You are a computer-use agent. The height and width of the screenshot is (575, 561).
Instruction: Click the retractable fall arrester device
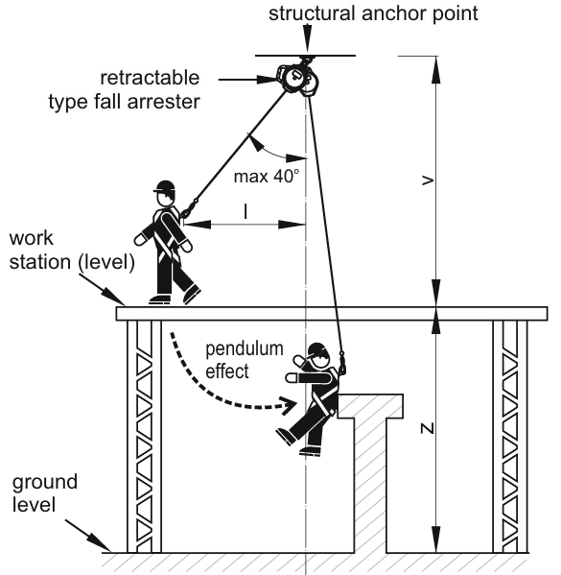[297, 78]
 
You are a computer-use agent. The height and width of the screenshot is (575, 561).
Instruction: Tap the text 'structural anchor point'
[373, 13]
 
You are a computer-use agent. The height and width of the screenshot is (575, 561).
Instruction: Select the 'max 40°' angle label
[267, 177]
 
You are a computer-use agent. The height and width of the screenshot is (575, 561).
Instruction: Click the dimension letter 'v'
[428, 180]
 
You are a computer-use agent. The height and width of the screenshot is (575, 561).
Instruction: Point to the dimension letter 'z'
[428, 428]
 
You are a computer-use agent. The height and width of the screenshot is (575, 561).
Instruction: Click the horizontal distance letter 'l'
[245, 211]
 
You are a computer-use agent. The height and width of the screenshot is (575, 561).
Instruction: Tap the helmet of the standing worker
[165, 186]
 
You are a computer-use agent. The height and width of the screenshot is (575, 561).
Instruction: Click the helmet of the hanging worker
[317, 349]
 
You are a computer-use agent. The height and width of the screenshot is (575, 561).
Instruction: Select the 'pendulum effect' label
[245, 360]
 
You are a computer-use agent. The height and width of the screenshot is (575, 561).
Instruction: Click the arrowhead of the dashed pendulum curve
[290, 406]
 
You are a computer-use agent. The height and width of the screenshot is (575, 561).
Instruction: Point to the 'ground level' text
[45, 493]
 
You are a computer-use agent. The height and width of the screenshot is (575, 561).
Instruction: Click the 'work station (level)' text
[72, 251]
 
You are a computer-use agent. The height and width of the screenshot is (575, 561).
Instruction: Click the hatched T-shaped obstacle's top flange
[370, 406]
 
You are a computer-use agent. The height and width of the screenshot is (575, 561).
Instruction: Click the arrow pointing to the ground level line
[88, 536]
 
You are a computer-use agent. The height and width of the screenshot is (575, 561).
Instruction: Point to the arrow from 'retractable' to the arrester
[248, 80]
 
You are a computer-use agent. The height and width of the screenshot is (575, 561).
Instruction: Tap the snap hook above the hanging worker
[342, 363]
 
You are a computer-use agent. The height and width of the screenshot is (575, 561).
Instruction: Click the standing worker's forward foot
[192, 294]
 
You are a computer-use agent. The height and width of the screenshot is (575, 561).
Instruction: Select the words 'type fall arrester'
[125, 102]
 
